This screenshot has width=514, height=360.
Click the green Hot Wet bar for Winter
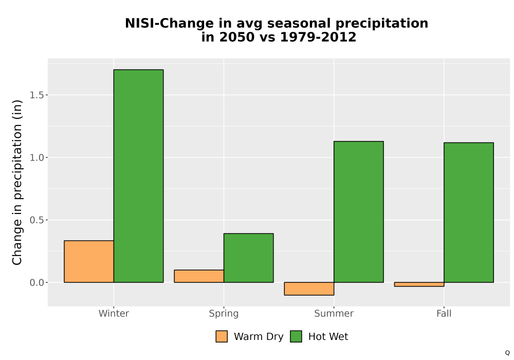(x=138, y=176)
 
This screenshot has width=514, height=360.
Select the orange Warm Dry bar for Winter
(x=89, y=261)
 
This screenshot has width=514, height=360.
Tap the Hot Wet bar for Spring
(x=248, y=258)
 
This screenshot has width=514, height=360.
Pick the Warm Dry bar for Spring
(x=199, y=276)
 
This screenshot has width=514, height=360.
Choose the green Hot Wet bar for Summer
(x=359, y=212)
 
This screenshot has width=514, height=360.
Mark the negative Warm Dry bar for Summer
(x=309, y=289)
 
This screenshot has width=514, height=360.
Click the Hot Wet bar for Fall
(x=469, y=212)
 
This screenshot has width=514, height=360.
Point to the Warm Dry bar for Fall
(x=419, y=284)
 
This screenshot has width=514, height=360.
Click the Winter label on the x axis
(x=114, y=313)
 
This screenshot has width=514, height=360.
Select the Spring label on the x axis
(x=224, y=314)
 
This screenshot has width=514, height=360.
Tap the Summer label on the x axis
(x=334, y=313)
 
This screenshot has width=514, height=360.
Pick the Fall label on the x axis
(x=444, y=313)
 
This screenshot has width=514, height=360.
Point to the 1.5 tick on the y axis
(x=36, y=95)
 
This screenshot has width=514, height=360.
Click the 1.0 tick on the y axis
(x=36, y=157)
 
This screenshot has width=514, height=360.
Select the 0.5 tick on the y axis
(x=36, y=220)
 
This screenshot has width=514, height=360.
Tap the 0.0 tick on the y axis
(x=36, y=282)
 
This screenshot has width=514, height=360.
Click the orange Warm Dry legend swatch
(x=222, y=336)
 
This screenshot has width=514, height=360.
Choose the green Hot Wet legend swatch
(x=296, y=336)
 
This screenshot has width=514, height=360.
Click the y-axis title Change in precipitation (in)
(x=17, y=182)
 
